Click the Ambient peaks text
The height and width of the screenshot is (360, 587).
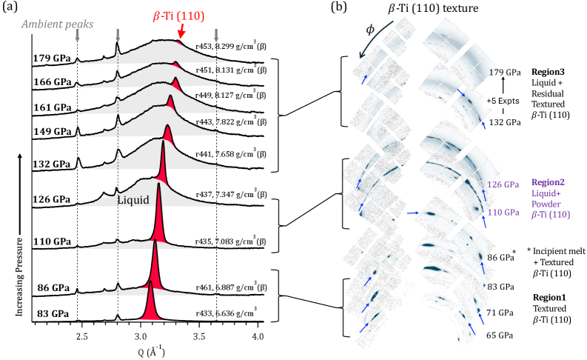point(56,23)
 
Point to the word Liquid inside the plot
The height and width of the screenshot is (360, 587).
point(133,199)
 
